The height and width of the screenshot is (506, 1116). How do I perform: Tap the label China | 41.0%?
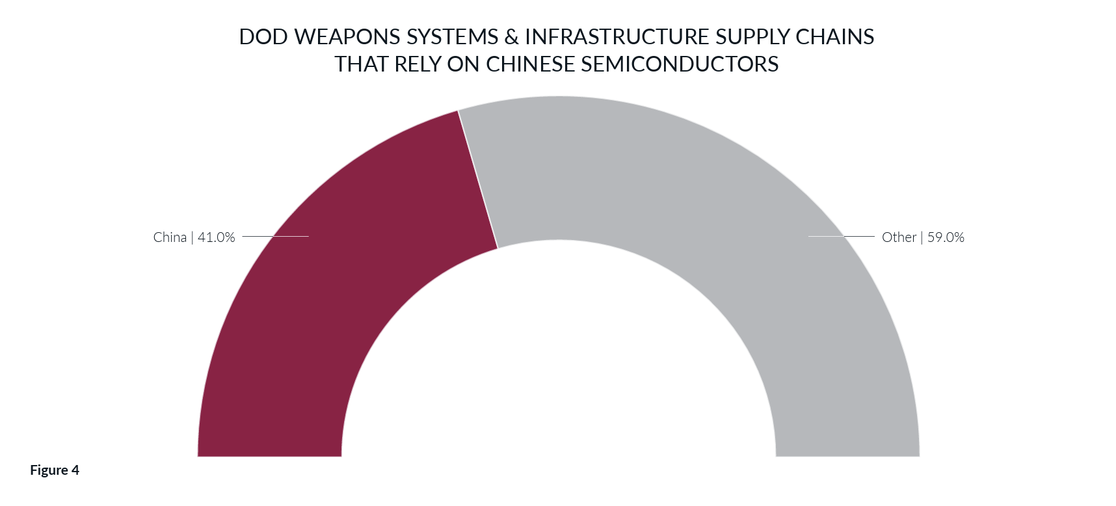[194, 237]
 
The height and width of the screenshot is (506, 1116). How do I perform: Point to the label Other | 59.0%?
[922, 237]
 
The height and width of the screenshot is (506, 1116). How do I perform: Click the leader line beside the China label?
[275, 236]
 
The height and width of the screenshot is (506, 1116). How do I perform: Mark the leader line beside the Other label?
[842, 236]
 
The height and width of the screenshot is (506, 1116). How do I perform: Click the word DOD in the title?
[263, 37]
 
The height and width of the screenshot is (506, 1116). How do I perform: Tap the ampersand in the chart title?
[512, 37]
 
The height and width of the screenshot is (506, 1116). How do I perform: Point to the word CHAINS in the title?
[835, 37]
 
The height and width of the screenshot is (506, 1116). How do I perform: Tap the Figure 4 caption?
[55, 470]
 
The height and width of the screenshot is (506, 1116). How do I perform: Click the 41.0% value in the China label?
[216, 237]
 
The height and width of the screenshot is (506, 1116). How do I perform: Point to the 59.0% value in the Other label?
[946, 237]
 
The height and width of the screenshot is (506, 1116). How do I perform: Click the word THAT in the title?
[361, 64]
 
